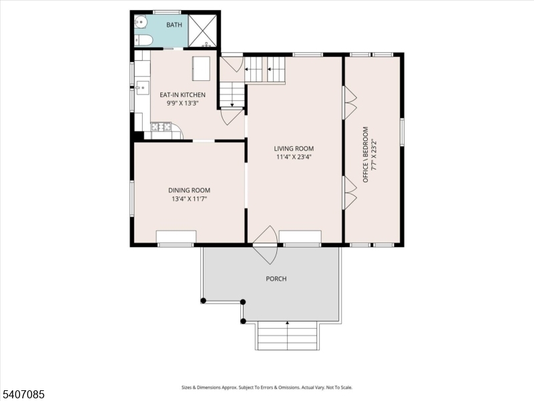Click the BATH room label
[x=174, y=25]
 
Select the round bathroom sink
[x=140, y=23]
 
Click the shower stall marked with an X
[x=204, y=31]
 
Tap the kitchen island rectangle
[x=201, y=68]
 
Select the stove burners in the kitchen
[x=162, y=126]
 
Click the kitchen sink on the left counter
[x=142, y=88]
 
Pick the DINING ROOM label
[x=189, y=190]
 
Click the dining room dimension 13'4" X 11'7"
[x=189, y=199]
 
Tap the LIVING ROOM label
[x=294, y=148]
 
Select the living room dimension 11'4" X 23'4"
[x=294, y=157]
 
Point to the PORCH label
[x=276, y=279]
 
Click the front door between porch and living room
[x=265, y=243]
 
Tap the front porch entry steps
[x=287, y=336]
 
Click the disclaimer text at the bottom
[x=267, y=387]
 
